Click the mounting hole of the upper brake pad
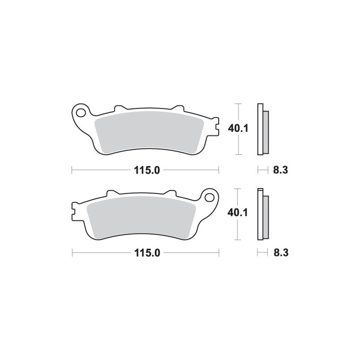coord(81,113)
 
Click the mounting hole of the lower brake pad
coord(210,197)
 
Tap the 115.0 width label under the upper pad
coord(147,171)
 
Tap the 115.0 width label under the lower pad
coord(147,253)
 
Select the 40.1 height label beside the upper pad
coord(238,128)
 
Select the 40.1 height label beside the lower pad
coord(238,213)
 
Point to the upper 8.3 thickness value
coord(280,171)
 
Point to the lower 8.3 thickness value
coord(281,253)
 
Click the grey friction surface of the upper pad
coord(149,132)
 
